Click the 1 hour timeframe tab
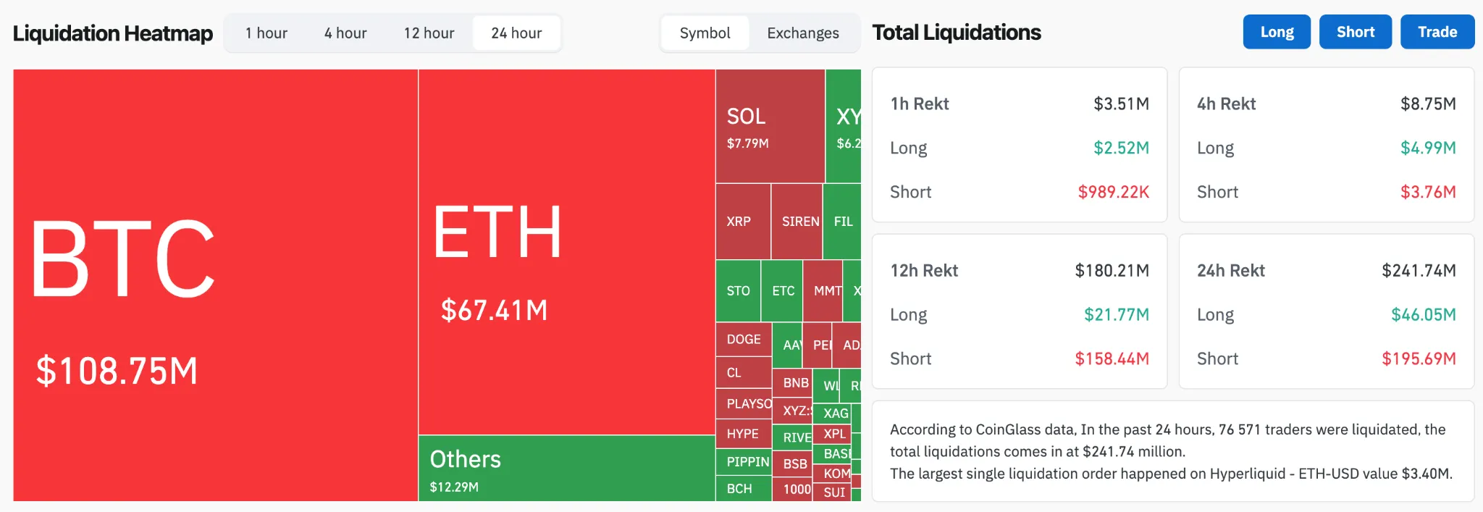266,33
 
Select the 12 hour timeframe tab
429,33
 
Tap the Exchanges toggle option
802,33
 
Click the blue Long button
1277,32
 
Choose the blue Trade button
1437,32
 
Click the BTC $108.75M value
117,371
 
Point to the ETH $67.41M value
494,311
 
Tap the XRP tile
742,222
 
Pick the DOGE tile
744,339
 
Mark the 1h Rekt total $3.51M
1121,104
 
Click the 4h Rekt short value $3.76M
1427,192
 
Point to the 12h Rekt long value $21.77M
1116,314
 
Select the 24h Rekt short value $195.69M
1418,358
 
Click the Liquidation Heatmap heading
113,33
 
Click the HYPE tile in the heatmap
743,434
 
